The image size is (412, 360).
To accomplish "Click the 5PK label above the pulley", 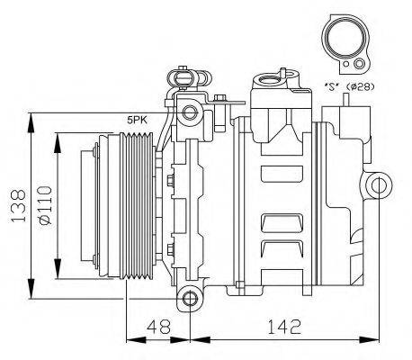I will pyautogui.click(x=137, y=120).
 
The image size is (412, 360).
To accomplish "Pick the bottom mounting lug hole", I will pyautogui.click(x=188, y=298).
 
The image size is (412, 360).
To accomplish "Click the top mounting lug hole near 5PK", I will pyautogui.click(x=188, y=112).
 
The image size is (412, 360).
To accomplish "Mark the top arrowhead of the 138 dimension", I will pyautogui.click(x=31, y=117).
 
